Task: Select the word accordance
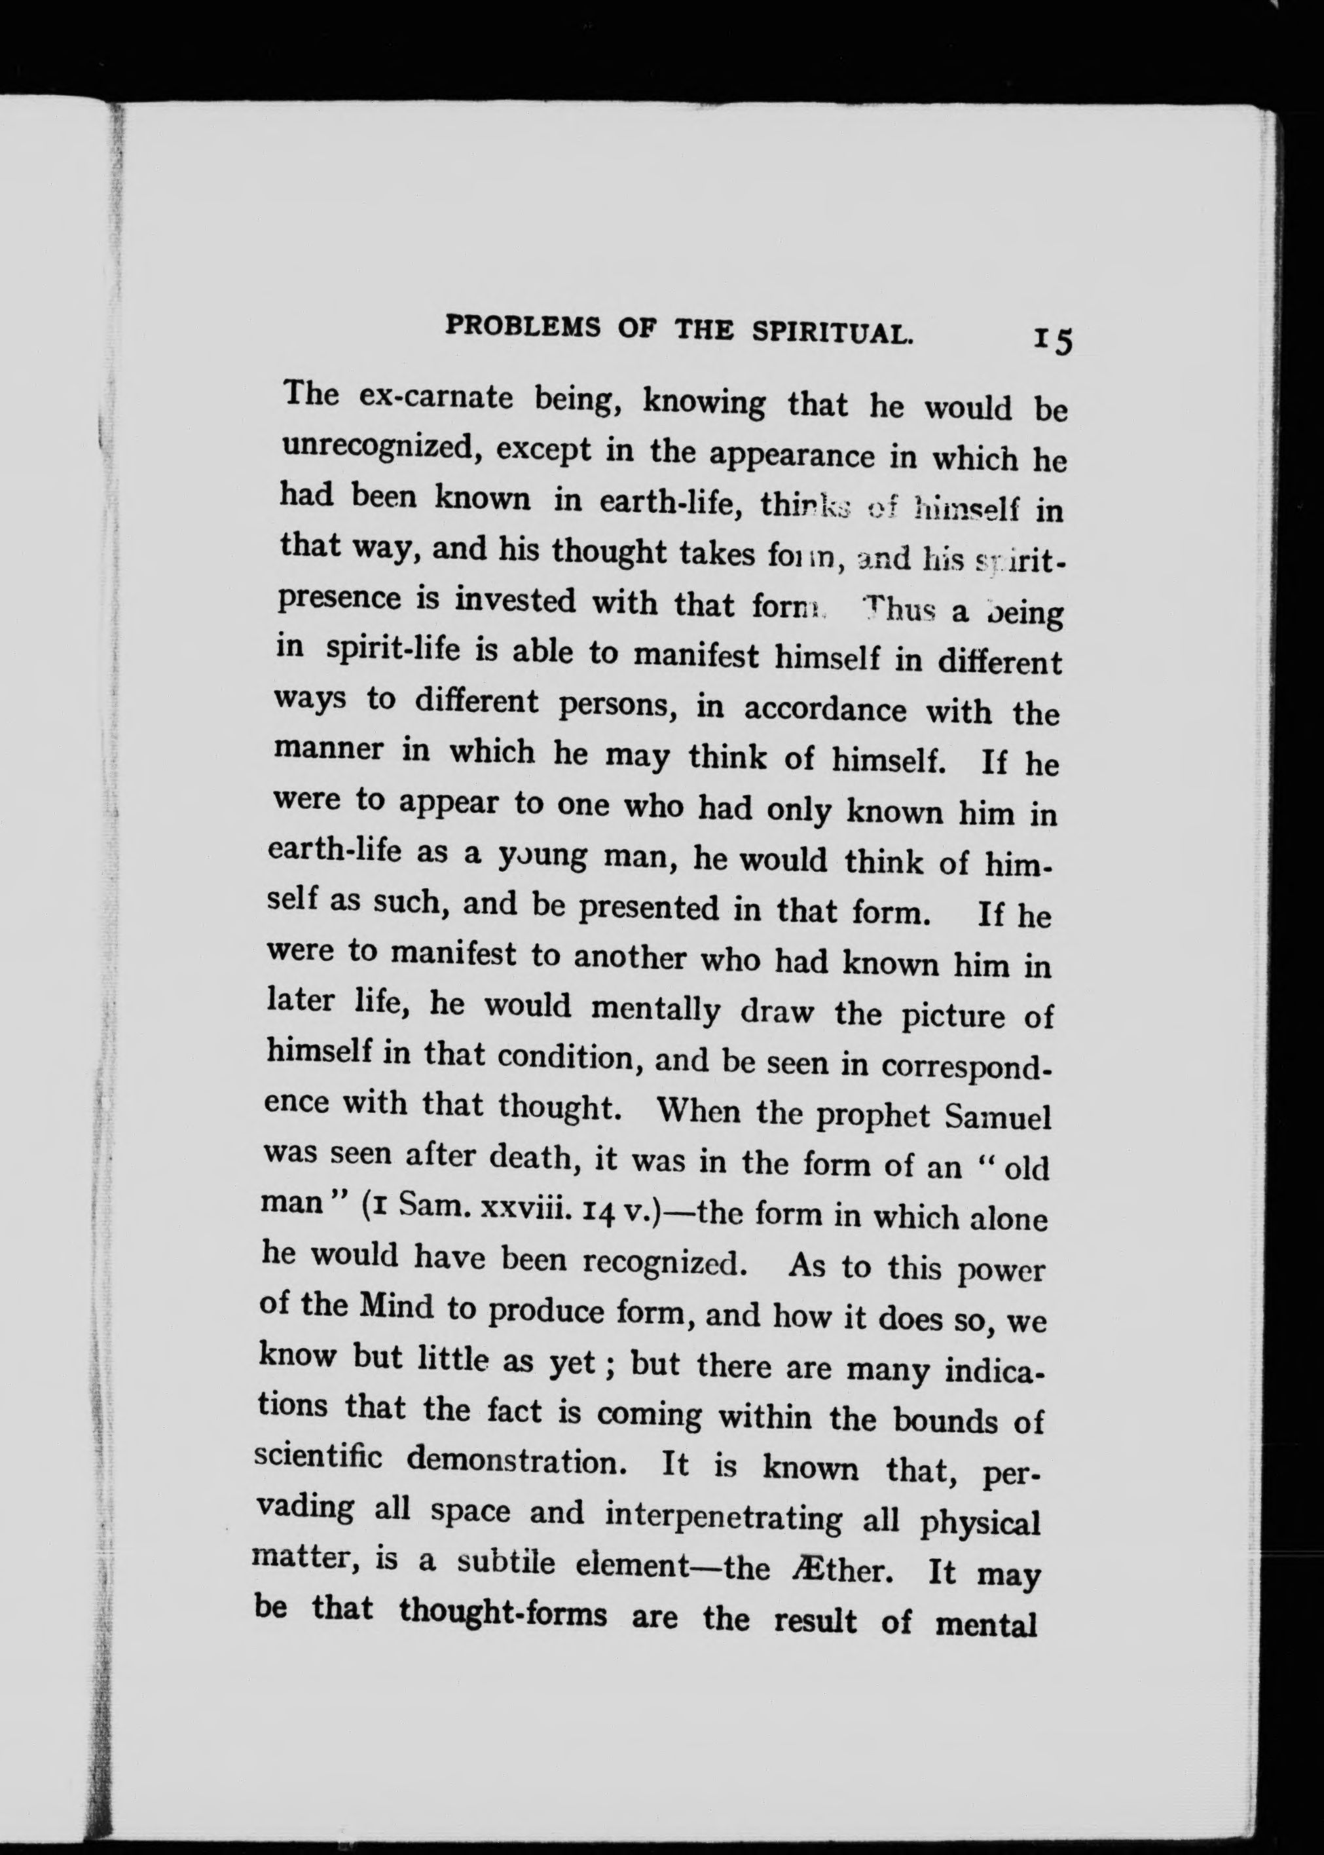pyautogui.click(x=824, y=709)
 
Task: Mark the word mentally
pyautogui.click(x=655, y=1009)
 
